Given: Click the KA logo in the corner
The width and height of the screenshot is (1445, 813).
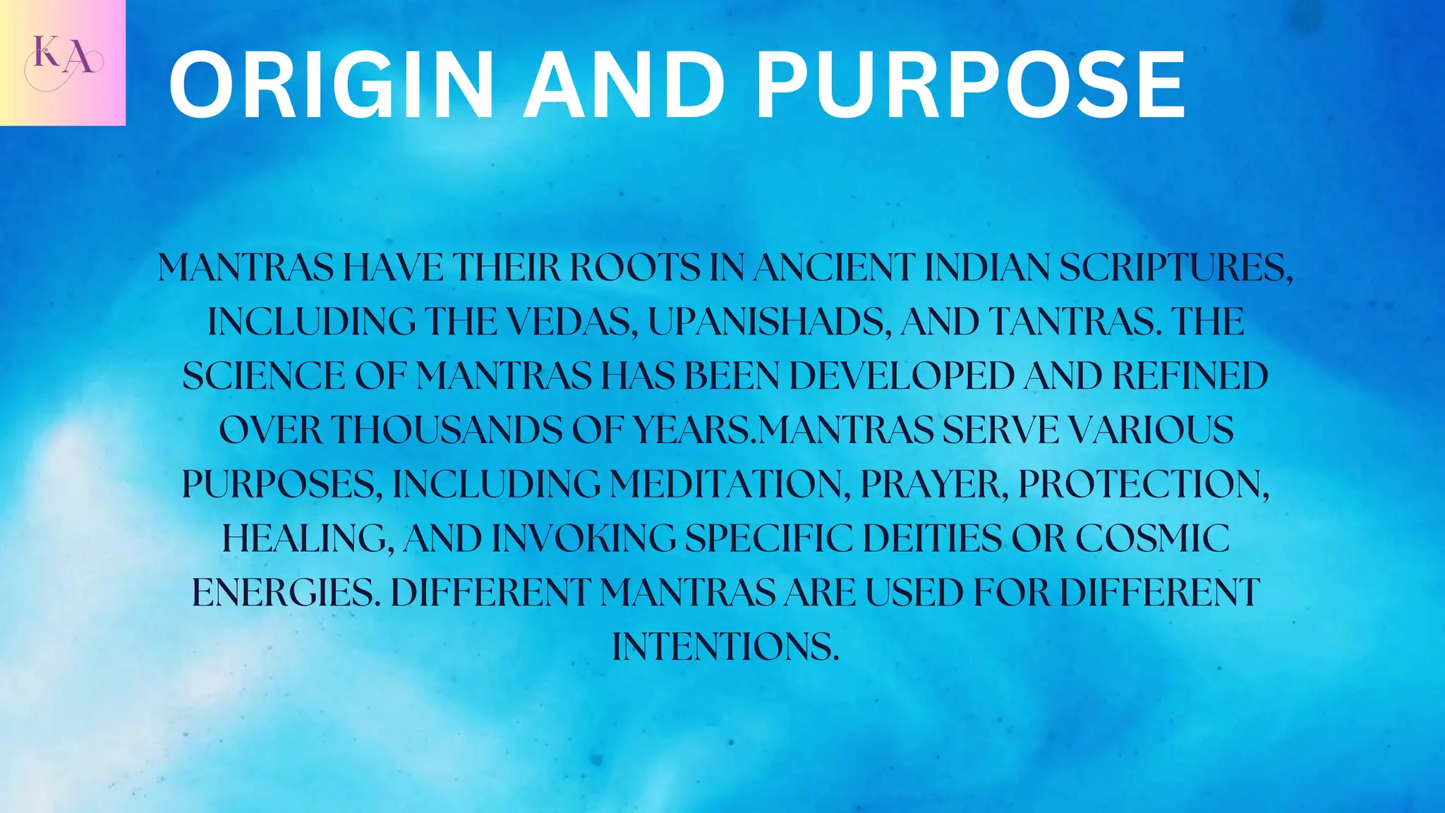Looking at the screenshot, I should [x=63, y=63].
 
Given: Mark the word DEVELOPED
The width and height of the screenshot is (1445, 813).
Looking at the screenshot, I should [x=902, y=376].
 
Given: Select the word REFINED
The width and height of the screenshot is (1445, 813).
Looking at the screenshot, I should [x=1190, y=376].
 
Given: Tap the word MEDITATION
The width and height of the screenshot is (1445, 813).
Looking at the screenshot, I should [x=730, y=485].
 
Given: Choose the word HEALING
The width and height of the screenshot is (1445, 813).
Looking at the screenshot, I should [x=308, y=538].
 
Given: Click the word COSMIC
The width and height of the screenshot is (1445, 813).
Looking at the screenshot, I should [x=1152, y=538].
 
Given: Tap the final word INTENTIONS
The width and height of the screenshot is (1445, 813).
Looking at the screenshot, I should [x=725, y=646].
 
